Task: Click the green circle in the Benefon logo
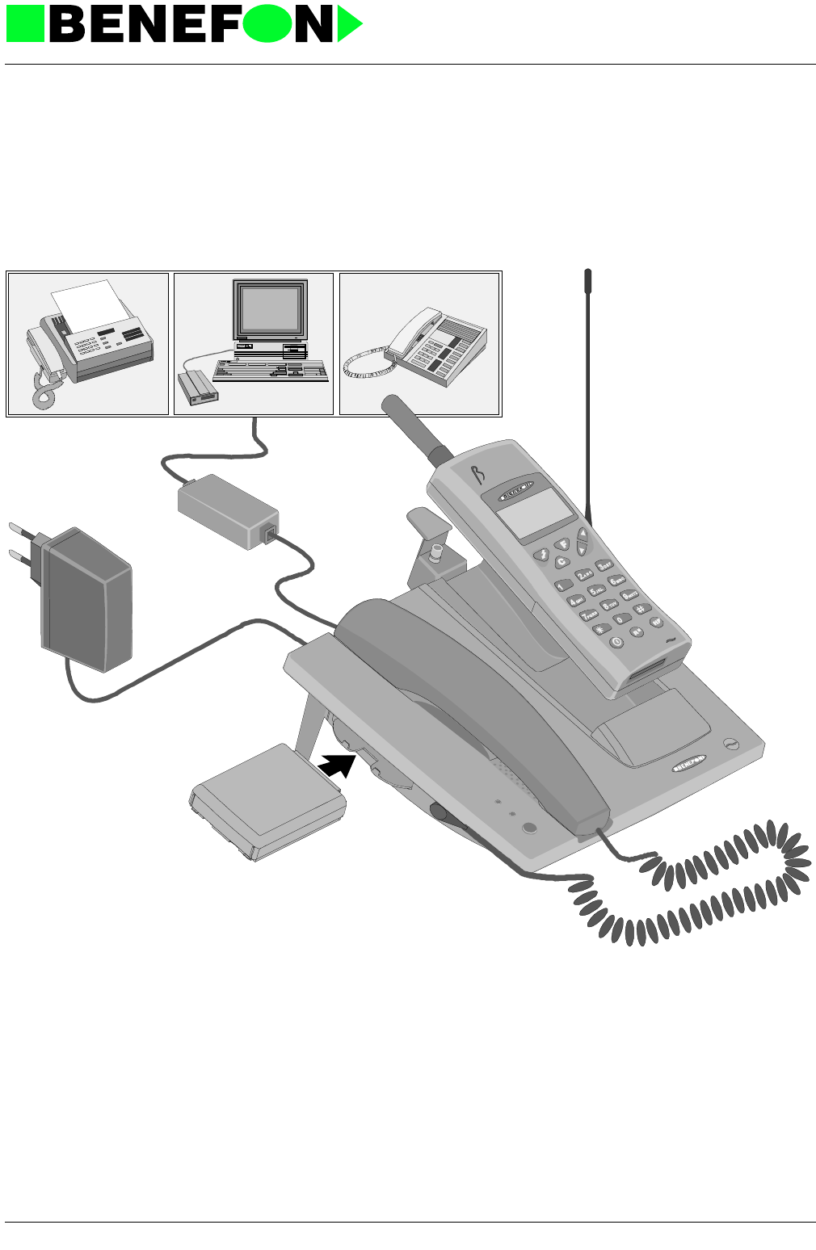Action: pos(267,24)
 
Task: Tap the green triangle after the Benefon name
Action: pos(348,24)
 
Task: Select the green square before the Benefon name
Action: pos(25,24)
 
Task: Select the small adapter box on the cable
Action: pos(227,510)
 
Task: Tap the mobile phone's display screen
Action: pos(525,513)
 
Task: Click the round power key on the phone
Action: pos(616,642)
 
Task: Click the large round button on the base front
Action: pos(530,828)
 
